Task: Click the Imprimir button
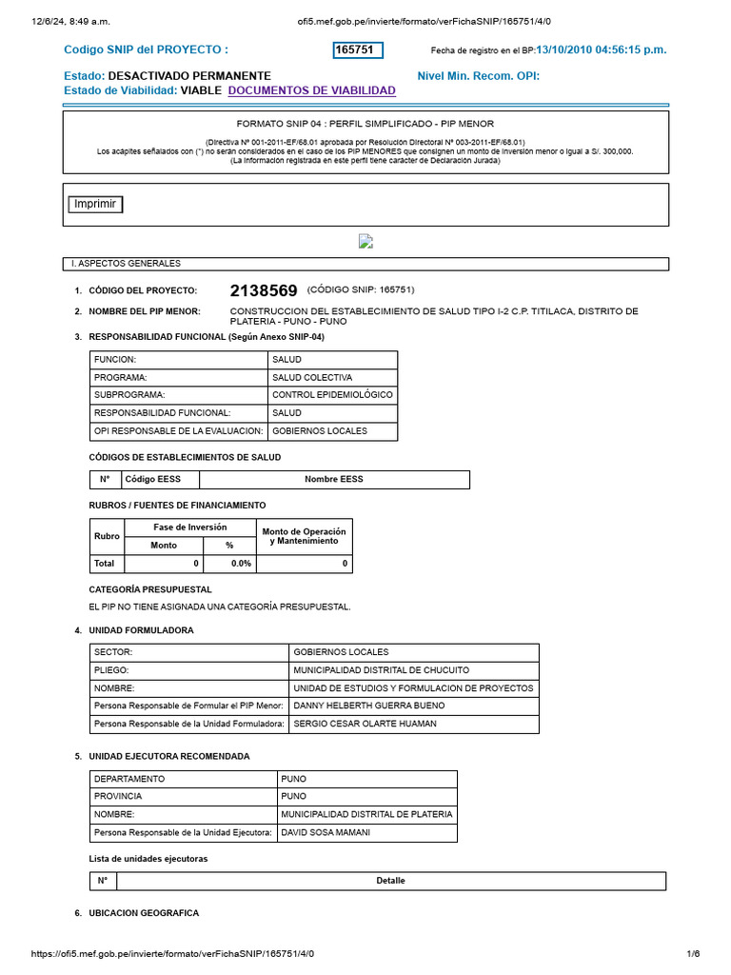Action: point(95,204)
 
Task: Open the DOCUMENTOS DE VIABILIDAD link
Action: point(312,90)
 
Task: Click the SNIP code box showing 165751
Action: point(358,50)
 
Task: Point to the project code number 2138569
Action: point(264,290)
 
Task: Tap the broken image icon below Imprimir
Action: point(365,242)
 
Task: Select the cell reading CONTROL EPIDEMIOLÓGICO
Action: point(332,394)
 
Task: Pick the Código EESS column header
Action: point(159,479)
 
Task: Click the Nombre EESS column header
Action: point(333,479)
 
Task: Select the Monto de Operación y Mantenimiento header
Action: point(304,536)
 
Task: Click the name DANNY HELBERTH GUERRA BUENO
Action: point(369,706)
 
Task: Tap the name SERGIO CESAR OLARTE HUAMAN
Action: point(365,724)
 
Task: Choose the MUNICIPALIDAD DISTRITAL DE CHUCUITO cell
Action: point(382,669)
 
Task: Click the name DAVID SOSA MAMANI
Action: point(326,833)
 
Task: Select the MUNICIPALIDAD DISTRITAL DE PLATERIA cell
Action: point(366,815)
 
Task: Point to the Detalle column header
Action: point(390,881)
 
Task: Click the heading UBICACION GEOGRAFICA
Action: point(144,913)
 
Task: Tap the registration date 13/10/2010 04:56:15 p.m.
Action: point(601,50)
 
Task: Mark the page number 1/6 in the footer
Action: point(693,954)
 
